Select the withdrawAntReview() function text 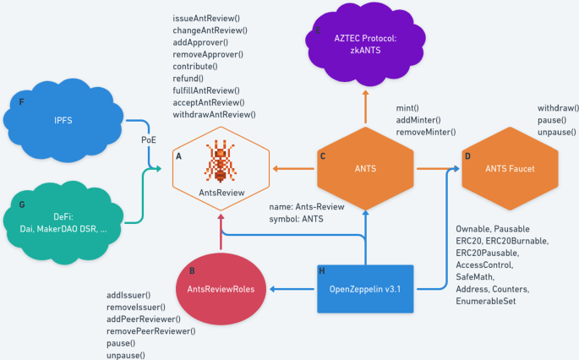point(214,114)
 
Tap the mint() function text point(408,108)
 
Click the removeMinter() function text point(426,132)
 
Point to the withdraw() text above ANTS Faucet point(558,108)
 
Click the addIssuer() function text point(128,295)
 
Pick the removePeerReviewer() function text point(150,331)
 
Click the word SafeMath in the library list point(478,276)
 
